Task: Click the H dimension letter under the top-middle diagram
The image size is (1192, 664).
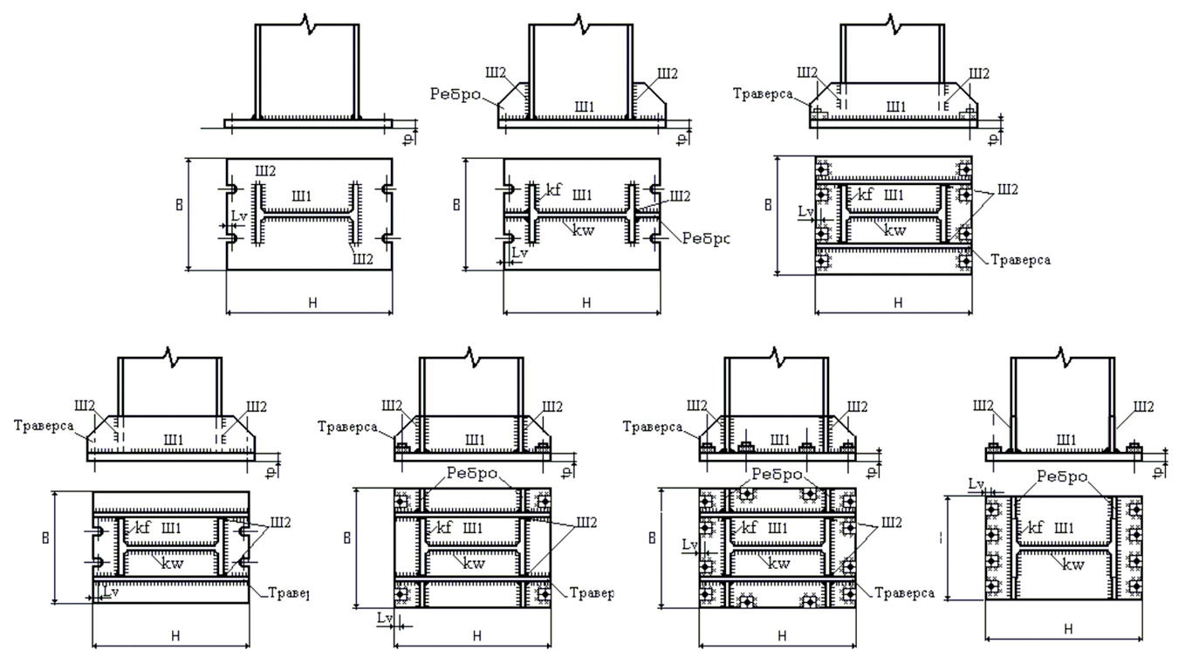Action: click(x=586, y=303)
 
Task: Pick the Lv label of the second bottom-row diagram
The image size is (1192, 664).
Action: click(x=384, y=617)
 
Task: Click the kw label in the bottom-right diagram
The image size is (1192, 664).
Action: click(x=1076, y=564)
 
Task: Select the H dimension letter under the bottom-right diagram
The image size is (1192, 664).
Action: click(x=1069, y=629)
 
